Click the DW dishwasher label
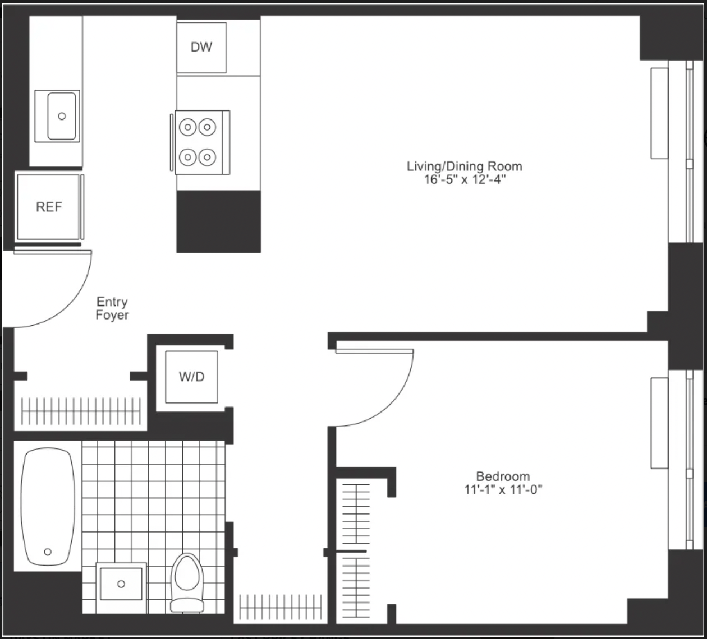(201, 47)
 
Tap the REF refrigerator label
(49, 207)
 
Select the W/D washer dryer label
(191, 377)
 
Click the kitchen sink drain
(62, 116)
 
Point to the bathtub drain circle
(48, 552)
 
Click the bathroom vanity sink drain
(121, 584)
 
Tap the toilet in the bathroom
(187, 583)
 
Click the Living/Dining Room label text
(465, 166)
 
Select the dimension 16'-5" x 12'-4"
(465, 179)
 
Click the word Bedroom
(503, 476)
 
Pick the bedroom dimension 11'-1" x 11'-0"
(503, 490)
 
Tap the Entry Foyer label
(112, 308)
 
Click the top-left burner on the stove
(187, 127)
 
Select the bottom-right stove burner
(207, 157)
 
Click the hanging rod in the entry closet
(81, 411)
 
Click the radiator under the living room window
(659, 113)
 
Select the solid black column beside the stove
(218, 222)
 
